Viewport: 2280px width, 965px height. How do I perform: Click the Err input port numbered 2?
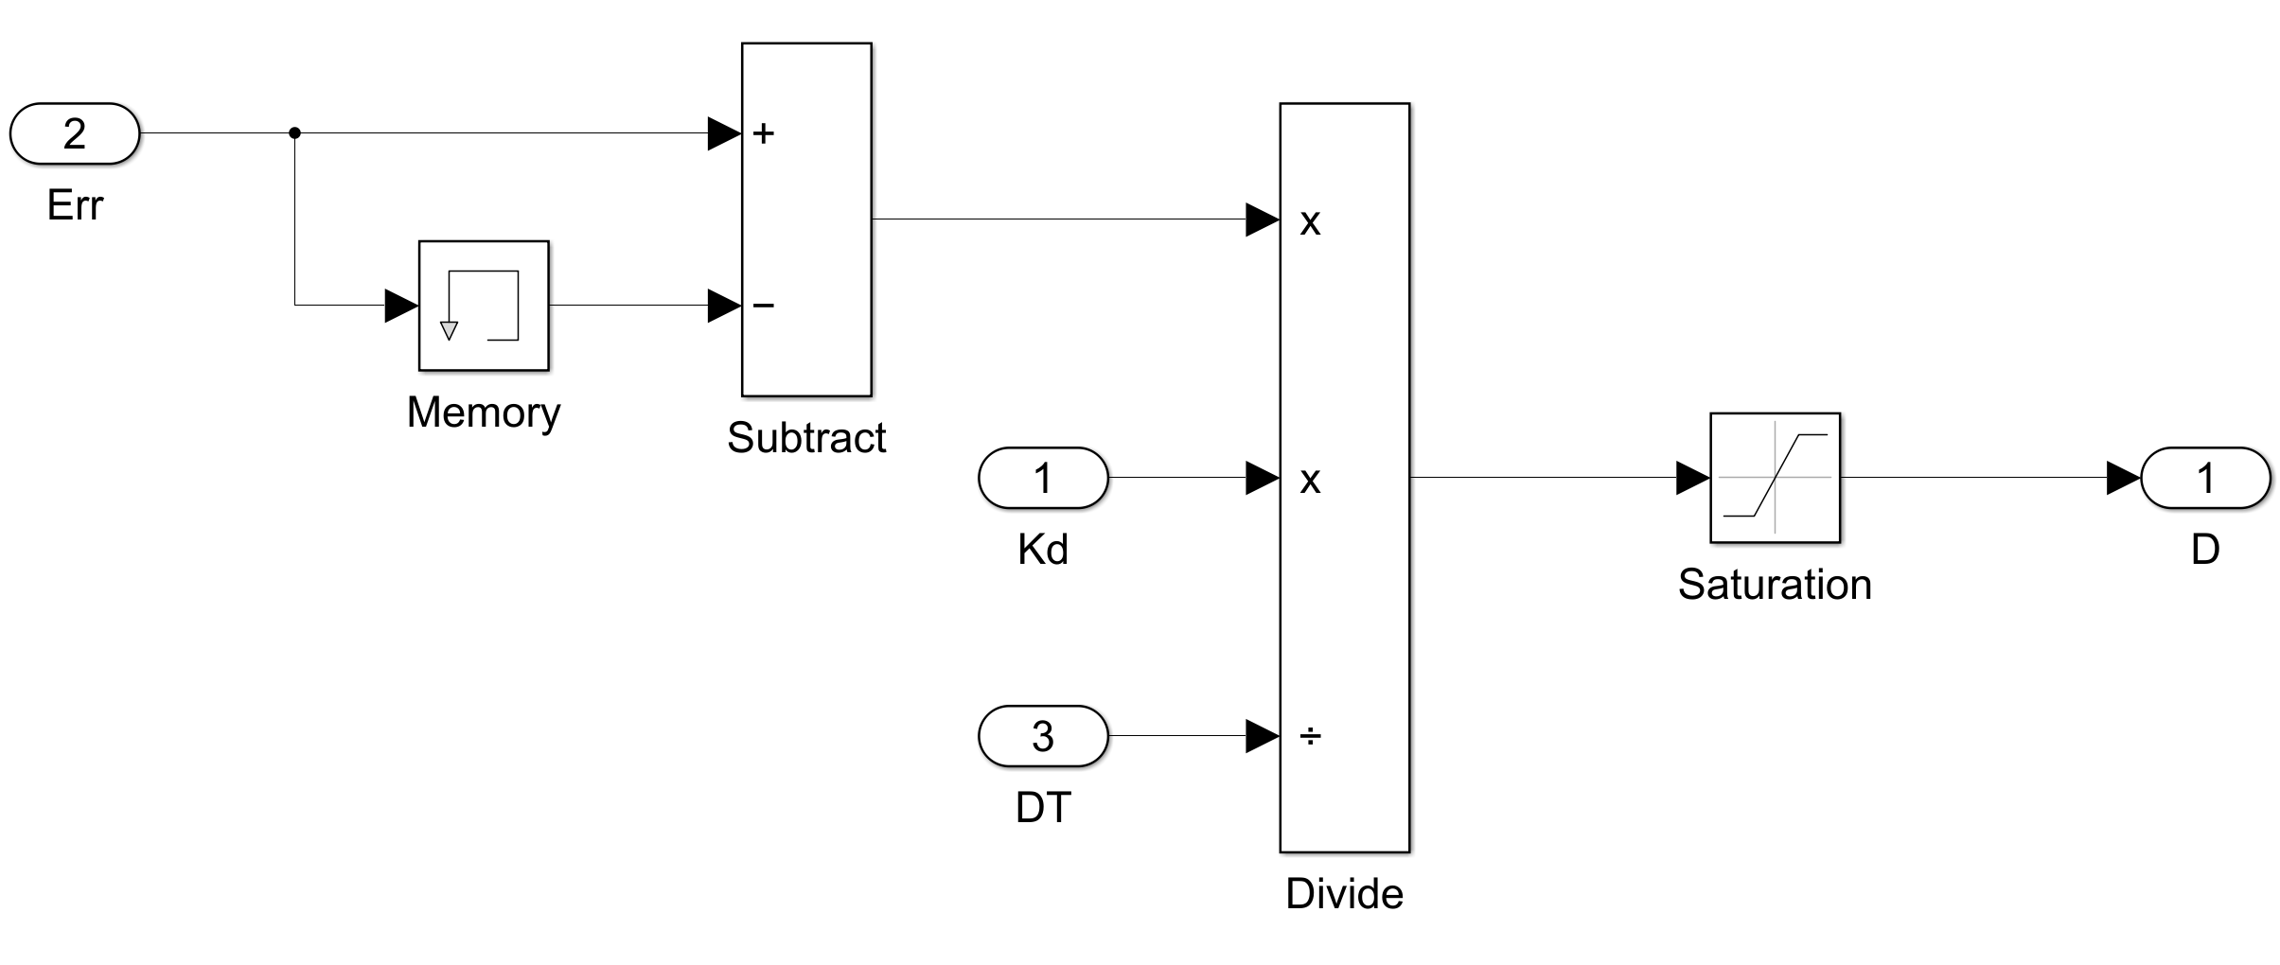75,133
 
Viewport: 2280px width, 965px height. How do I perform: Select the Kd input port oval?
1042,478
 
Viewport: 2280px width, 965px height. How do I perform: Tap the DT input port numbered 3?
1042,735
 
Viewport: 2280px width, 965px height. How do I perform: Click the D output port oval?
2205,478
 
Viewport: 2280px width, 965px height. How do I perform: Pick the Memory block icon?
484,305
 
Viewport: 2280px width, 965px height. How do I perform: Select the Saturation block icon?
1775,478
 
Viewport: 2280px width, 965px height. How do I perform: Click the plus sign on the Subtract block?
764,133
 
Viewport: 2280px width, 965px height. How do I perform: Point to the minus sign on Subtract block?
764,305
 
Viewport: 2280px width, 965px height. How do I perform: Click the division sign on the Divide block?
1310,735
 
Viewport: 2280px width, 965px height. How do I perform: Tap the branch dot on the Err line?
294,133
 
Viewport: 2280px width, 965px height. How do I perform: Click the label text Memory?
484,412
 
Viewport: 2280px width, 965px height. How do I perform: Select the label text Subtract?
806,437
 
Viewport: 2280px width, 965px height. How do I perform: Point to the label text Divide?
1344,893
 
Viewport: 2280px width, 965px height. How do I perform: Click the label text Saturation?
1775,584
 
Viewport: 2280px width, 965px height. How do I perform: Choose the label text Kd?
1042,549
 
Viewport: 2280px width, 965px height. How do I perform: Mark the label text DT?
1042,807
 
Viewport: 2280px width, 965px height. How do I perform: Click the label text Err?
75,204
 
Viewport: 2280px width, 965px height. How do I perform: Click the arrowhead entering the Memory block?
401,305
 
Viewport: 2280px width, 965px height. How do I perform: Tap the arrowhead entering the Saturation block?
1692,478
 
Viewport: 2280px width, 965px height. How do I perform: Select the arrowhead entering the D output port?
2123,478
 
